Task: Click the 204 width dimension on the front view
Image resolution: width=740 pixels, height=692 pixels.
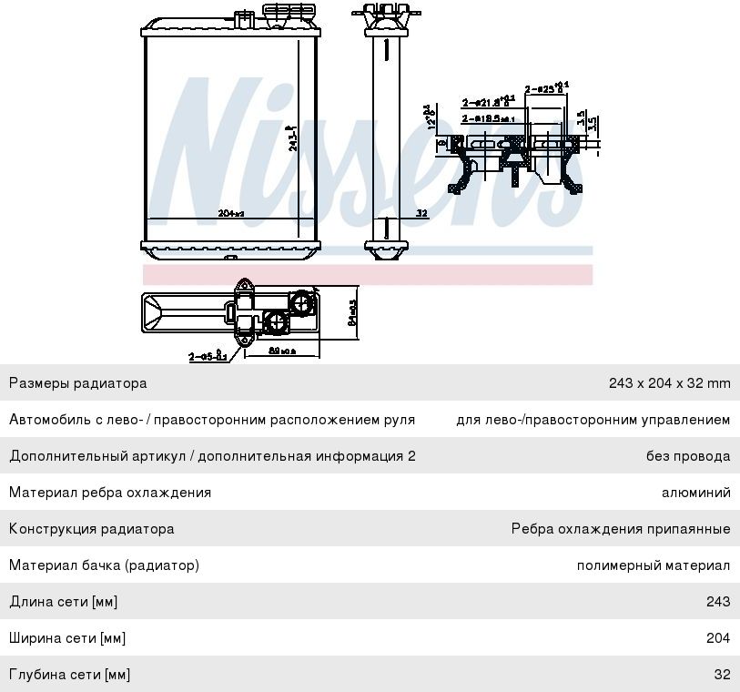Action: (231, 213)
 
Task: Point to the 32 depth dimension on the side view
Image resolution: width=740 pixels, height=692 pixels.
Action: (421, 213)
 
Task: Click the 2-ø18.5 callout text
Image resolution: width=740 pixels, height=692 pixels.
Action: (488, 118)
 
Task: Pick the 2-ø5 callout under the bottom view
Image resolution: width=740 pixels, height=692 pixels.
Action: (208, 356)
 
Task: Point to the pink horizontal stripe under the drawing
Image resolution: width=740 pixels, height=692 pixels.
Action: (367, 274)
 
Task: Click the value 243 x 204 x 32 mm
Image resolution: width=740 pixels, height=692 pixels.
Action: (669, 383)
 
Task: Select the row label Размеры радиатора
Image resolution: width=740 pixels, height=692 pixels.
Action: (78, 383)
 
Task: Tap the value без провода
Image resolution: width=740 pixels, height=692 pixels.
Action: (688, 456)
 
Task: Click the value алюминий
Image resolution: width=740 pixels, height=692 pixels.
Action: (695, 493)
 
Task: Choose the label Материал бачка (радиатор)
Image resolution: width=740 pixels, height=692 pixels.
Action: (104, 565)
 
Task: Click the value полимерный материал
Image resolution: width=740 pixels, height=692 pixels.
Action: (653, 565)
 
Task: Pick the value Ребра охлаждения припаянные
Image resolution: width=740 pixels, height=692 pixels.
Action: (620, 529)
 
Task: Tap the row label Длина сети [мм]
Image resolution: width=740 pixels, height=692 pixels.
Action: (64, 602)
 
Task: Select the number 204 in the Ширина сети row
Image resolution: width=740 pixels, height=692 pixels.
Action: (717, 638)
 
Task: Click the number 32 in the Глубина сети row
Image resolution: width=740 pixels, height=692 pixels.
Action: (722, 675)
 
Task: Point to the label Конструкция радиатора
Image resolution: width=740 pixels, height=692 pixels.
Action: (91, 529)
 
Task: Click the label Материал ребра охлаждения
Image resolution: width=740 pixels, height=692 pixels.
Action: (110, 493)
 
